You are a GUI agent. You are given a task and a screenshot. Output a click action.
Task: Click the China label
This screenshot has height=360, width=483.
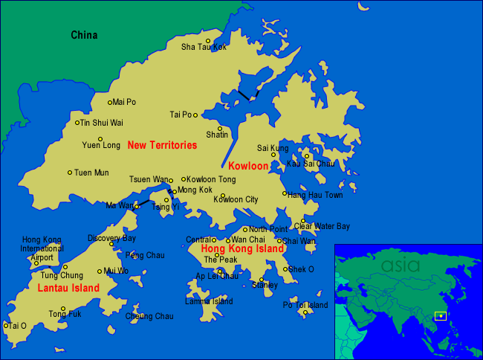click(x=84, y=34)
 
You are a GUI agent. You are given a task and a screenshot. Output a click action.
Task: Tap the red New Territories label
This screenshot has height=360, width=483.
click(x=162, y=145)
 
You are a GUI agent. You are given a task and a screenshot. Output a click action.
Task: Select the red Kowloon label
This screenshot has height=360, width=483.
click(x=247, y=165)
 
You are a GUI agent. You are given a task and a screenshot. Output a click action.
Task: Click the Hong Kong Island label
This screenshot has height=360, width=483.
click(x=242, y=248)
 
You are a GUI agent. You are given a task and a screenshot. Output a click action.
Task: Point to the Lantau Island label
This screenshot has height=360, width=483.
click(x=68, y=288)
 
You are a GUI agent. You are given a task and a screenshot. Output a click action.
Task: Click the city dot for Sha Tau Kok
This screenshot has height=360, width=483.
click(x=208, y=41)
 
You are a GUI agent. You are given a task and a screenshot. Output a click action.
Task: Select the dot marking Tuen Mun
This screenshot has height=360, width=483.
click(x=70, y=173)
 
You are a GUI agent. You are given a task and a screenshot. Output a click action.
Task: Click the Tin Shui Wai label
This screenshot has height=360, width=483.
click(x=102, y=123)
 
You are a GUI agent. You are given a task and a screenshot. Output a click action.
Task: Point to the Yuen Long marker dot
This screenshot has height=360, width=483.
click(x=100, y=138)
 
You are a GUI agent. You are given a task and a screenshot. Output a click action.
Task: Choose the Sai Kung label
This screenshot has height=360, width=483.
click(x=273, y=148)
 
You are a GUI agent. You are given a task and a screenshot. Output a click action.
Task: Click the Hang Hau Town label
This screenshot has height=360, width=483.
click(x=316, y=195)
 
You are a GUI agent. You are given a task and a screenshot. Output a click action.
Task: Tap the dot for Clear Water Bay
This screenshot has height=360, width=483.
click(x=302, y=220)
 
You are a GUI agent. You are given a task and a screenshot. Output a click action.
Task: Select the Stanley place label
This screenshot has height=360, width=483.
click(x=265, y=285)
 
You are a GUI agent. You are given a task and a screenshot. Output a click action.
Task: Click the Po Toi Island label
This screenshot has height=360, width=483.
click(x=305, y=305)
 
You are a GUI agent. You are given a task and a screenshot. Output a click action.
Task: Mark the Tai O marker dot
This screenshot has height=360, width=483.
click(x=5, y=325)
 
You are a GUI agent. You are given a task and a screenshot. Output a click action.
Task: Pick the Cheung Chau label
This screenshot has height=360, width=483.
click(x=149, y=316)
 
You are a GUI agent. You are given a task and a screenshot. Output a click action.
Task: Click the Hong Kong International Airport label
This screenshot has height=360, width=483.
click(x=42, y=248)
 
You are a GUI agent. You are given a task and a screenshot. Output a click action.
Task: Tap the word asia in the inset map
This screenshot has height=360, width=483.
click(x=401, y=265)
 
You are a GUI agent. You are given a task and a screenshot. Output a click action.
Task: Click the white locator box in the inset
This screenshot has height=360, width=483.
click(x=440, y=317)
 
